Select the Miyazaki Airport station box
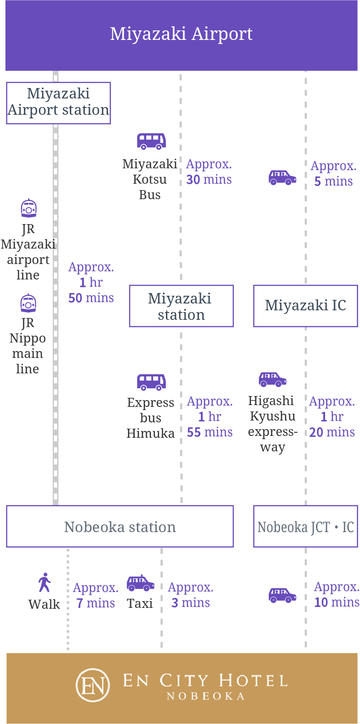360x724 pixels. tap(58, 103)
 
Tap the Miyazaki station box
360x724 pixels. tap(181, 306)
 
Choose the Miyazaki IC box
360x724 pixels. tap(305, 306)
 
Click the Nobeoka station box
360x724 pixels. tap(120, 526)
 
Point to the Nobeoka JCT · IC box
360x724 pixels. tap(305, 526)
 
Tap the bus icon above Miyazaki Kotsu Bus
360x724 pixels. tap(151, 141)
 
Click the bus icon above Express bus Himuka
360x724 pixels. tap(151, 382)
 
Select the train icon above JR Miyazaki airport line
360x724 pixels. tap(29, 208)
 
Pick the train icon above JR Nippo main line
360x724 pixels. tap(28, 303)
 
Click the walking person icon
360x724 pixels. tap(44, 582)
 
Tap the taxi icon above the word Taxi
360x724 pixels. tap(140, 583)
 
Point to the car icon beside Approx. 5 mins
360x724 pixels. tap(282, 177)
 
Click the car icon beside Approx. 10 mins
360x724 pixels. tap(282, 595)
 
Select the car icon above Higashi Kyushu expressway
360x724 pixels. tap(272, 379)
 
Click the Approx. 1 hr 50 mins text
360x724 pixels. tap(91, 282)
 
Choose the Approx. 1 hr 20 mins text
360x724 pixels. tap(332, 416)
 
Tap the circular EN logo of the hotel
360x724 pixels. tap(93, 685)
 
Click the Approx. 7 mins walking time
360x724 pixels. tap(96, 596)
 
